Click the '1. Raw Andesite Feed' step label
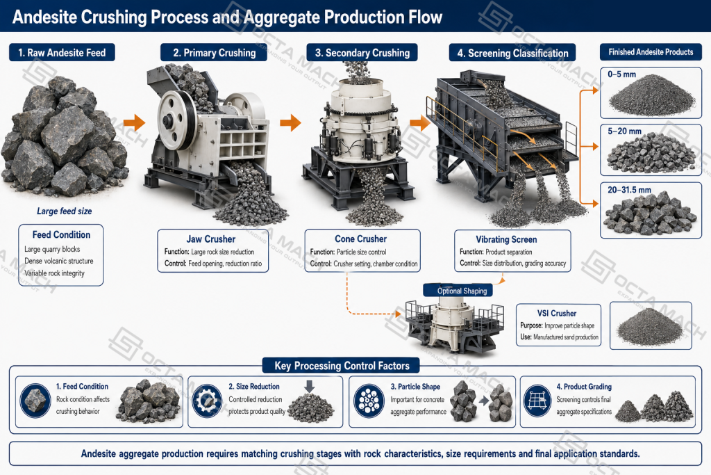62,53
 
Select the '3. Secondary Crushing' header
362,53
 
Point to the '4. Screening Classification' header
512,53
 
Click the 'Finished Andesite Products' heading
651,51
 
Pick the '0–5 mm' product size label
621,74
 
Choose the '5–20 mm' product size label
624,131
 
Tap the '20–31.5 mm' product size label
629,190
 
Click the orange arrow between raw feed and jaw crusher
134,122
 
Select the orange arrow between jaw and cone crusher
290,122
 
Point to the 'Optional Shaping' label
462,291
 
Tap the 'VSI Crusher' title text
557,314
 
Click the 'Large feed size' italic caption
65,211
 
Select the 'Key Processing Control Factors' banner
342,366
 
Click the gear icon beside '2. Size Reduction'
207,401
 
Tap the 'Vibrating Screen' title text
506,239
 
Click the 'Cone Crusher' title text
361,239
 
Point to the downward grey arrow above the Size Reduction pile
309,387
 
